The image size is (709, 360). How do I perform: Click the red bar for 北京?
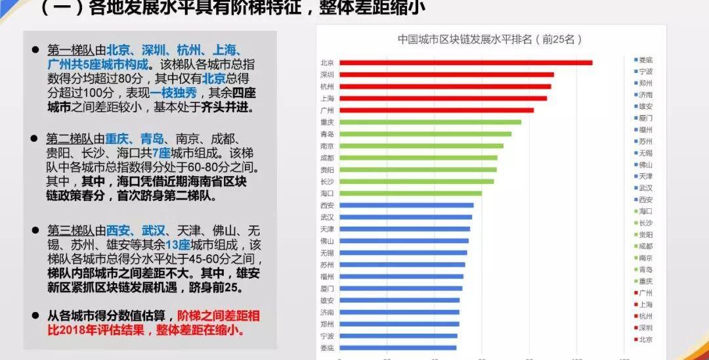[465, 63]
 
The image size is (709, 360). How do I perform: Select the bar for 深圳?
[446, 75]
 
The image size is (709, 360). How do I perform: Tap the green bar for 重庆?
[430, 122]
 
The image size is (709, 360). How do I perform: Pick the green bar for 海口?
[410, 193]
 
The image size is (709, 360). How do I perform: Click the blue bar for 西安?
[406, 205]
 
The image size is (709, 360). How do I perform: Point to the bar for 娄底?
[398, 348]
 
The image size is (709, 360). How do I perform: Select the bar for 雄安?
[399, 300]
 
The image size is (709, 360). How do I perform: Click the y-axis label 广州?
[327, 110]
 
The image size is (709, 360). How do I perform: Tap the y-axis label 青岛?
[327, 134]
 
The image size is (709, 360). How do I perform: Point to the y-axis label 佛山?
[327, 241]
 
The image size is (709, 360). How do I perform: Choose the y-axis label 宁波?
[327, 336]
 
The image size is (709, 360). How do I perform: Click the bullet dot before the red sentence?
[35, 315]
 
